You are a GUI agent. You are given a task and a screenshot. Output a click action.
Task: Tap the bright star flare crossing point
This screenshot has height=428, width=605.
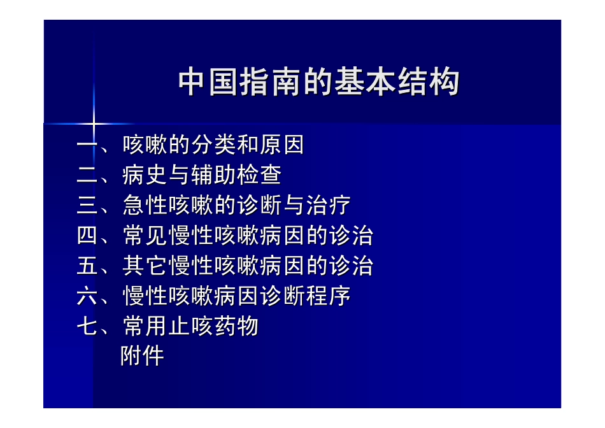click(x=94, y=123)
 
